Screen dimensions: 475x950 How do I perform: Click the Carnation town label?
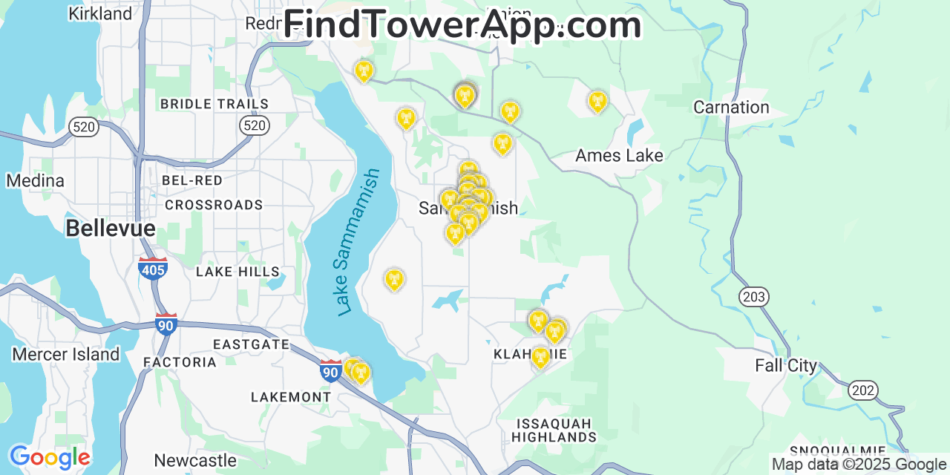tap(731, 108)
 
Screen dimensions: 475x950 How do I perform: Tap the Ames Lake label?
tap(619, 156)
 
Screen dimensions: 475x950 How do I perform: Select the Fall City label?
tap(785, 366)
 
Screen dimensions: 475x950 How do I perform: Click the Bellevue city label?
tap(111, 229)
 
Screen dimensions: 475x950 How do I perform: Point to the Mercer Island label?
tap(65, 355)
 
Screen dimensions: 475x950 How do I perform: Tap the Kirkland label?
tap(99, 13)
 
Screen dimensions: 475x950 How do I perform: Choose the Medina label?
tap(35, 181)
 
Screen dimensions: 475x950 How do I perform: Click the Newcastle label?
tap(195, 461)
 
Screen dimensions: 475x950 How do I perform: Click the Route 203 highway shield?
tap(753, 298)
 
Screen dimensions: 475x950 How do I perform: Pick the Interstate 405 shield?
tap(152, 268)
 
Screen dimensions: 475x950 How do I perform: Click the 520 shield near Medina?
tap(84, 127)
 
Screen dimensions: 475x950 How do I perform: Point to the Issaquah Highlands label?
tap(554, 430)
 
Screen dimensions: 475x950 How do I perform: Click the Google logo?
tap(50, 458)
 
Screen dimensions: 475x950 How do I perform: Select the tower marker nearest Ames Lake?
tap(597, 102)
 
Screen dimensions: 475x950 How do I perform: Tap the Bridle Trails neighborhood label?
tap(214, 104)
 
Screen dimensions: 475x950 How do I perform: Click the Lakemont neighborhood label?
tap(291, 397)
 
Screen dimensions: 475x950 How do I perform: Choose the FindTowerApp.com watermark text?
tap(462, 25)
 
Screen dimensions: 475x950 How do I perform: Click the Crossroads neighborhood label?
tap(214, 205)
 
